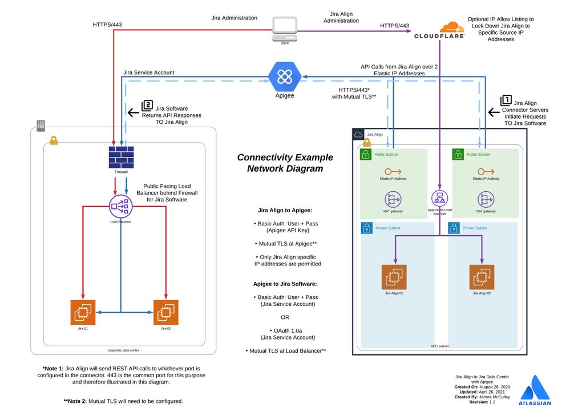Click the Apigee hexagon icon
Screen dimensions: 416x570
(x=284, y=76)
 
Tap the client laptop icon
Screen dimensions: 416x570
(x=285, y=26)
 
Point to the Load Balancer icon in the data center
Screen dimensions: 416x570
(x=120, y=206)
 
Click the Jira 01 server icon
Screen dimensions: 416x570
(x=83, y=312)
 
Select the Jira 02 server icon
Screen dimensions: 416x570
(x=166, y=312)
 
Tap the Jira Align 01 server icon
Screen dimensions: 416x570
(x=394, y=277)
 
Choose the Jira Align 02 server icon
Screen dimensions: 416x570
(x=482, y=277)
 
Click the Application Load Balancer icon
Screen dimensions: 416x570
(x=439, y=199)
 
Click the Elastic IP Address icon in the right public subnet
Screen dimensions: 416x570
(x=486, y=172)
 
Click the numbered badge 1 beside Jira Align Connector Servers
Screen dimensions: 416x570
(x=506, y=100)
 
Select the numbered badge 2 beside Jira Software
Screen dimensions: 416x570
(x=147, y=106)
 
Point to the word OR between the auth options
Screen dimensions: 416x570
(x=285, y=317)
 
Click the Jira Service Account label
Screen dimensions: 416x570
(x=149, y=72)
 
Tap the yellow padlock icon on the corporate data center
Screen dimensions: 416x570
(x=54, y=140)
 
